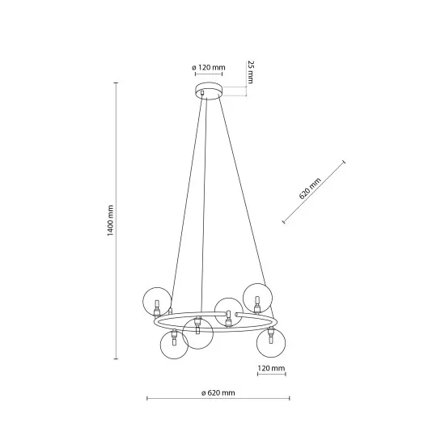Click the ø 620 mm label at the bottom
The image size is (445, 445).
click(218, 392)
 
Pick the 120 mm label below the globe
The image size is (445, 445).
click(271, 368)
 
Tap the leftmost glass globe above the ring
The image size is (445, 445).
click(156, 302)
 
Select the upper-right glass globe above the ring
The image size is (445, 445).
click(258, 297)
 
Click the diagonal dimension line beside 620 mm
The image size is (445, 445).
click(313, 192)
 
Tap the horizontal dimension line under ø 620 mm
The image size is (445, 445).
click(218, 399)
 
